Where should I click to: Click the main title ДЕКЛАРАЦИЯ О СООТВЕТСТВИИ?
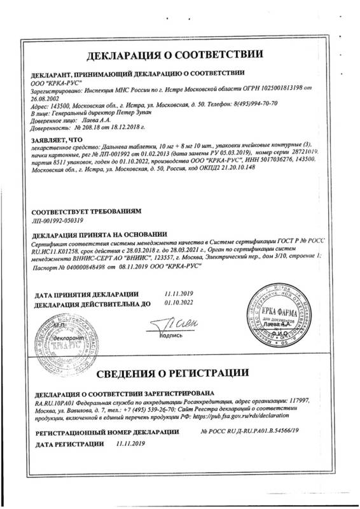click(179, 50)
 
